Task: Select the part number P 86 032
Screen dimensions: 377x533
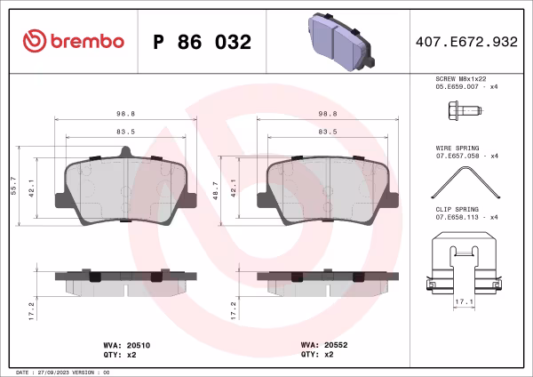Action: coord(203,42)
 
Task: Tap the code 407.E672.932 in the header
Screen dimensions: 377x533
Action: coord(466,42)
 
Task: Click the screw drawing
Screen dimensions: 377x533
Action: coord(464,113)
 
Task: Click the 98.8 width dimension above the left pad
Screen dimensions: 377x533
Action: coord(126,114)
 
